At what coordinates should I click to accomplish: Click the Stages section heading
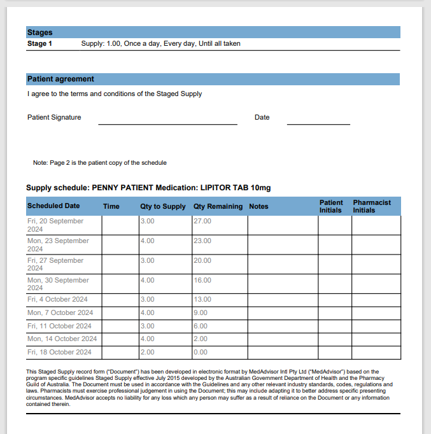pyautogui.click(x=39, y=32)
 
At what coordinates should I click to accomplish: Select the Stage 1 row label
pyautogui.click(x=39, y=44)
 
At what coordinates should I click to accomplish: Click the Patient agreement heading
pyautogui.click(x=60, y=79)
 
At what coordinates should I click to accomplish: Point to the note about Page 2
pyautogui.click(x=99, y=163)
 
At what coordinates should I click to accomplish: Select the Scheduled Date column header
pyautogui.click(x=53, y=206)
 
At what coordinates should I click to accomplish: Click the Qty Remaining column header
pyautogui.click(x=218, y=206)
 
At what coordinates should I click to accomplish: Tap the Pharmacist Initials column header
pyautogui.click(x=372, y=206)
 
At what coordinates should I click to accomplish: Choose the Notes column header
pyautogui.click(x=258, y=206)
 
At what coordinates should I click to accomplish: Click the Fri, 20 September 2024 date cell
pyautogui.click(x=55, y=225)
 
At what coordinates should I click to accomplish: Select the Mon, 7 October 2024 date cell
pyautogui.click(x=60, y=312)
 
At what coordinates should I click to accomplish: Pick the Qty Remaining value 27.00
pyautogui.click(x=202, y=221)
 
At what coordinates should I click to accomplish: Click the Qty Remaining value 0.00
pyautogui.click(x=201, y=352)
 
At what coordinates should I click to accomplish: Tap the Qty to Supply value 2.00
pyautogui.click(x=147, y=352)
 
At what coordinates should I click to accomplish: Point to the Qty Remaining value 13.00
pyautogui.click(x=202, y=299)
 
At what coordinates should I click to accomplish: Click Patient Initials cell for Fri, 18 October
pyautogui.click(x=335, y=353)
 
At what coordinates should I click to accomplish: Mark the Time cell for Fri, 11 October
pyautogui.click(x=120, y=326)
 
